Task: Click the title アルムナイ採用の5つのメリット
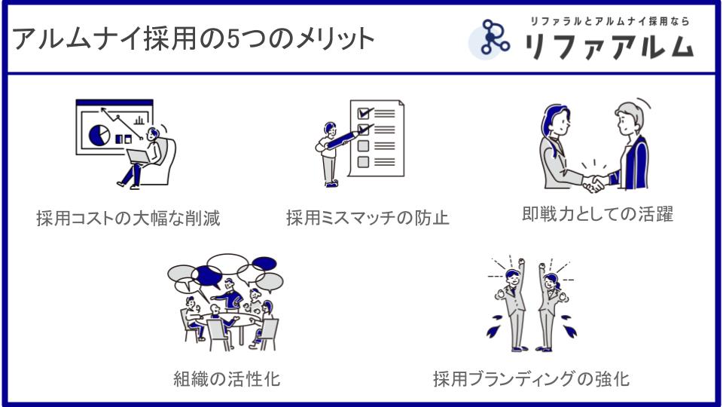[x=193, y=38]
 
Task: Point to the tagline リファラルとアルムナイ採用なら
[x=609, y=21]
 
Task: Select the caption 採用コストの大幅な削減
[x=128, y=219]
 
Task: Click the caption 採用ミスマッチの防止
[x=368, y=218]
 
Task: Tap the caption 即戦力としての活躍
[x=597, y=214]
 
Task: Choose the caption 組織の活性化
[x=227, y=379]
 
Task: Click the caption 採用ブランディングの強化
[x=531, y=379]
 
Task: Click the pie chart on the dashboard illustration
[x=99, y=135]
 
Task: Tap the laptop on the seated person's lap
[x=139, y=157]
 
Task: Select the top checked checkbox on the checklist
[x=364, y=113]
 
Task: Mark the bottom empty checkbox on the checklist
[x=363, y=162]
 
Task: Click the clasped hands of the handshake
[x=594, y=182]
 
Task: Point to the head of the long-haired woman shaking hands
[x=556, y=121]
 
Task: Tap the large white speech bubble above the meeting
[x=227, y=264]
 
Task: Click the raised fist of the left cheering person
[x=521, y=262]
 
